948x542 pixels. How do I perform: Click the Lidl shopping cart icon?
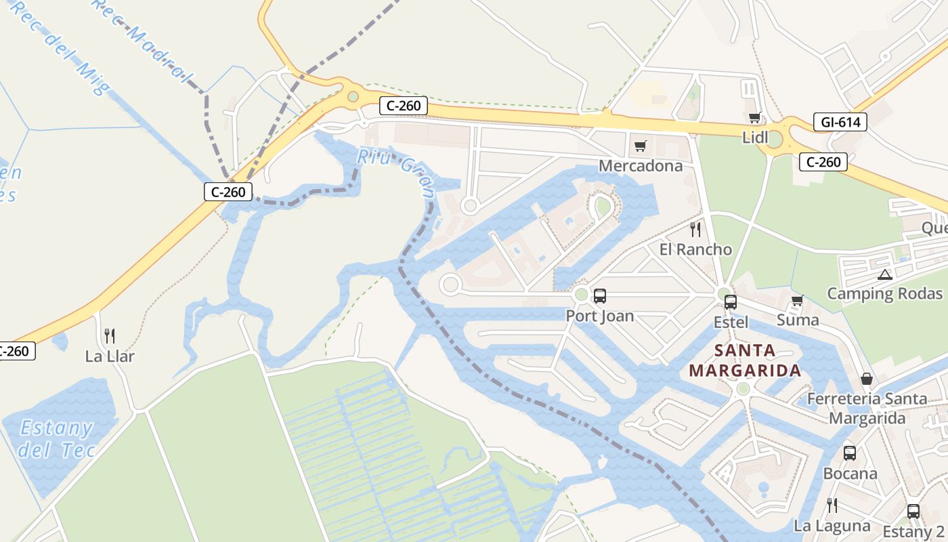pos(754,118)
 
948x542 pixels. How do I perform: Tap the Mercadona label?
pos(641,166)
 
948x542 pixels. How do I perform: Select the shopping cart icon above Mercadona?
pos(640,146)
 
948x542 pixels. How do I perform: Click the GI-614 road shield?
pos(840,122)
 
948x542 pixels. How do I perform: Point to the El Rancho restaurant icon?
pos(695,229)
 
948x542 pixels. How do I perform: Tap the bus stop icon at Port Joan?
pos(599,295)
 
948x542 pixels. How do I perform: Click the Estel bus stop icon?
pos(730,302)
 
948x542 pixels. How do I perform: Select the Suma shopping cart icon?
pos(797,300)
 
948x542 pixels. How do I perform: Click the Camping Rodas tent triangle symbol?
pos(884,274)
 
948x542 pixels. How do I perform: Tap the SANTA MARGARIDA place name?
pos(745,360)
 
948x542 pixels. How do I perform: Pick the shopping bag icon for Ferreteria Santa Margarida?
pos(866,379)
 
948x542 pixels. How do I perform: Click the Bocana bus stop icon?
pos(849,453)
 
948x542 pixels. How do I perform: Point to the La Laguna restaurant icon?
pos(832,505)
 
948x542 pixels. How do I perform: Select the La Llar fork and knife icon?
pos(110,335)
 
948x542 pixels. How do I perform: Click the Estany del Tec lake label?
pos(57,438)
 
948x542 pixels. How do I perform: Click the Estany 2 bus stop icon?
pos(913,512)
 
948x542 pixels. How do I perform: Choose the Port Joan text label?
pos(600,316)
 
